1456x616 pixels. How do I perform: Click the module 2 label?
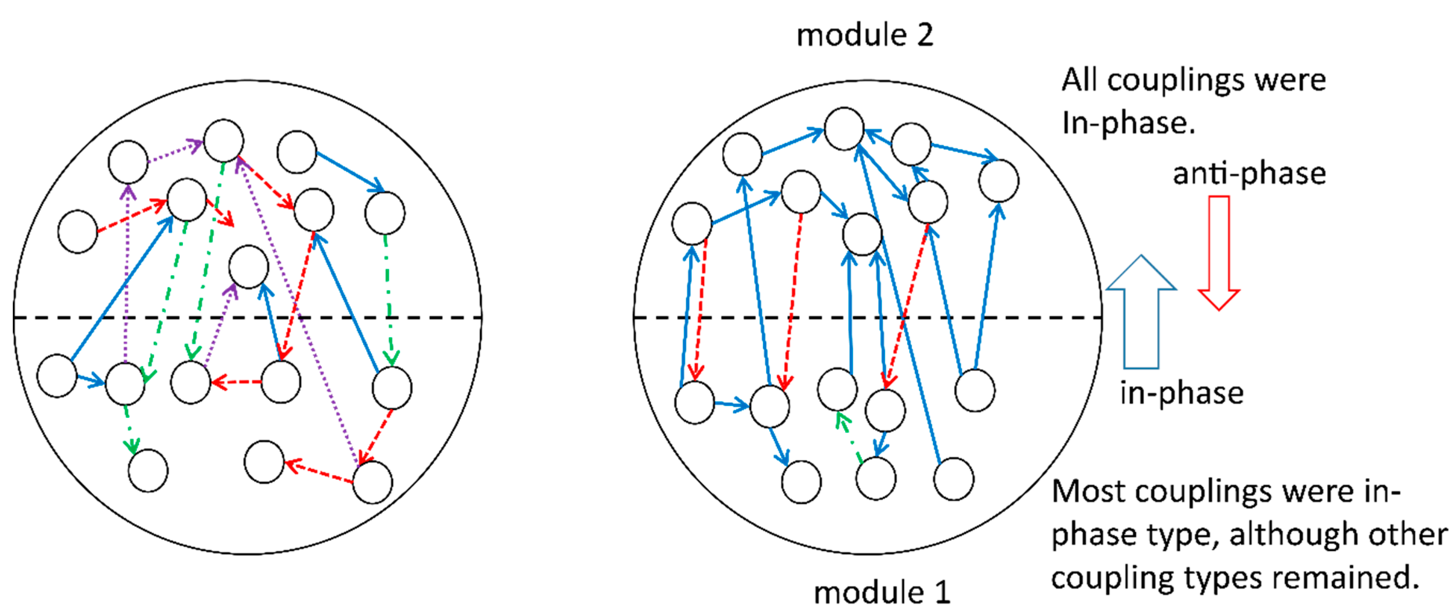(x=865, y=35)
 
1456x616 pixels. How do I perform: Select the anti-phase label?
(x=1249, y=173)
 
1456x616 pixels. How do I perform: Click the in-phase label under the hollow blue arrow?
(x=1182, y=393)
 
